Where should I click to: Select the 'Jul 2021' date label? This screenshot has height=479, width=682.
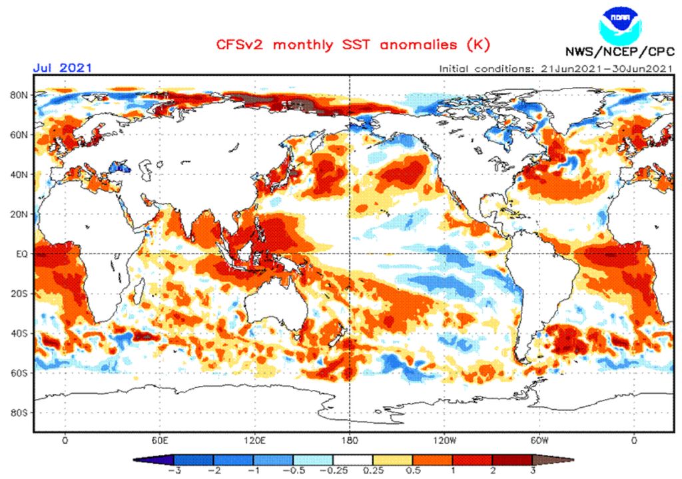point(62,68)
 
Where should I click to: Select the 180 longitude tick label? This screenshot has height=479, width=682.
point(350,440)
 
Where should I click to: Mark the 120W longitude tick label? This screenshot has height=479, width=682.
point(444,440)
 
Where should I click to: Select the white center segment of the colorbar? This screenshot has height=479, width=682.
point(352,460)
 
